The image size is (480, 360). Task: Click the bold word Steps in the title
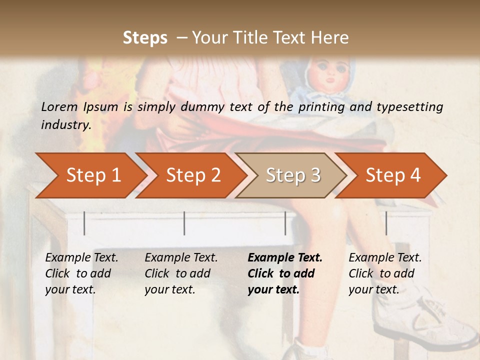pos(145,38)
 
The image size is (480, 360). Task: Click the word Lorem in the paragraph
pos(59,106)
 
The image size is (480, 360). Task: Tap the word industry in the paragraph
pos(65,124)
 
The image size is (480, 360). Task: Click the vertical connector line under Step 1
pos(84,223)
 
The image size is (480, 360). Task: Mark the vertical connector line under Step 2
pos(184,223)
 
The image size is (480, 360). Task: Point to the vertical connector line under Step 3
pos(285,223)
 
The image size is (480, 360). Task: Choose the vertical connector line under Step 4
pos(386,223)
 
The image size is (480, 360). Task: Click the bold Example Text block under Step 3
pos(285,273)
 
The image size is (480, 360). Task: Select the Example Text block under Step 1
pos(81,273)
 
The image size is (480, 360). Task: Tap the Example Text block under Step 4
pos(385,273)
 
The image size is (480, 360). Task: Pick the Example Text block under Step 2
pos(181,273)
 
